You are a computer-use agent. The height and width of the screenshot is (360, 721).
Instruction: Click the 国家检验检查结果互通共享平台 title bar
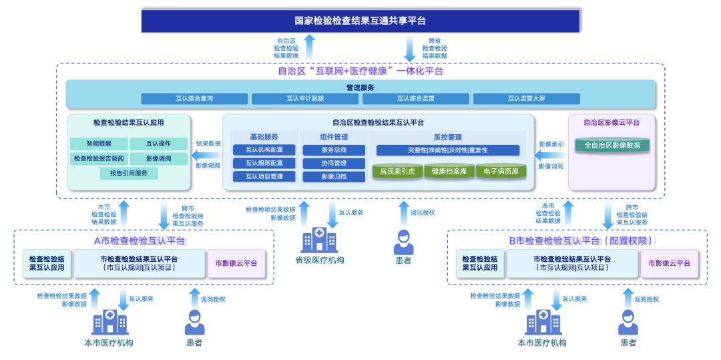click(360, 21)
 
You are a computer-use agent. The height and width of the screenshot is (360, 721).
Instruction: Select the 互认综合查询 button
click(194, 99)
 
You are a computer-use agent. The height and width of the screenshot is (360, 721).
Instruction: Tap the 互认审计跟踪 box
click(305, 99)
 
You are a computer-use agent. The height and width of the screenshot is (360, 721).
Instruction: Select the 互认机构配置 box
click(264, 150)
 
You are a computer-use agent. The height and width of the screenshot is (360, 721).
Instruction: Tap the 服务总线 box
click(334, 150)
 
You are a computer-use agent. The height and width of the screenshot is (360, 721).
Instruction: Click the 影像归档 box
click(334, 177)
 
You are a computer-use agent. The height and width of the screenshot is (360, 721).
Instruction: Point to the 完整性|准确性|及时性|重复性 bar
click(445, 150)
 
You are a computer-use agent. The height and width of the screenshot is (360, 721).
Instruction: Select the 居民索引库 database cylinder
click(397, 172)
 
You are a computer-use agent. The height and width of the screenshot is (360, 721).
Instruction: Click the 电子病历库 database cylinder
click(500, 172)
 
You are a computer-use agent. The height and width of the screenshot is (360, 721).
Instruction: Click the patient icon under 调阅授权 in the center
click(403, 242)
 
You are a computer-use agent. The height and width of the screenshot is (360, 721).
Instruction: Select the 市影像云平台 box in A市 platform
click(236, 263)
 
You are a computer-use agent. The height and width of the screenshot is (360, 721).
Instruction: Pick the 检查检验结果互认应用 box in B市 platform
click(479, 263)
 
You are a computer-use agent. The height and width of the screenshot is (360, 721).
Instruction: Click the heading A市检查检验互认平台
click(140, 240)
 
